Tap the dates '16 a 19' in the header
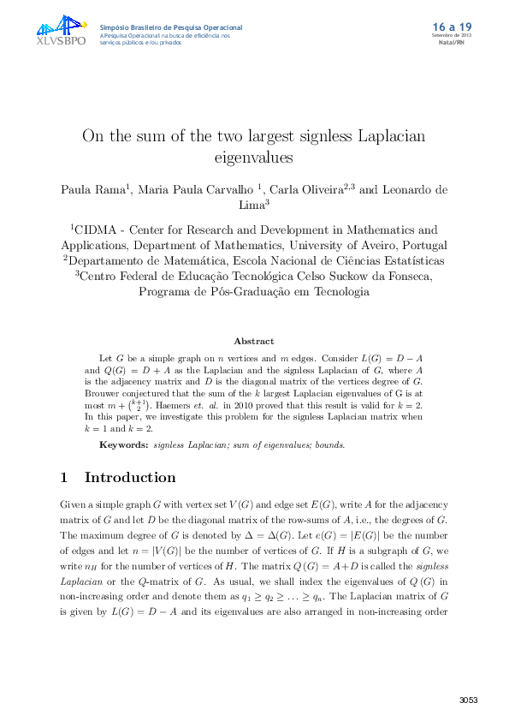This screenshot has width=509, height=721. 453,27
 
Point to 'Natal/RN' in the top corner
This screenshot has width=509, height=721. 452,41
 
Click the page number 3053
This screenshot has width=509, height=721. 468,700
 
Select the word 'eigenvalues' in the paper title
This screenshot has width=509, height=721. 253,158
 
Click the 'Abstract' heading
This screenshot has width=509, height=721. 254,341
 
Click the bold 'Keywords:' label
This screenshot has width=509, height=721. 125,445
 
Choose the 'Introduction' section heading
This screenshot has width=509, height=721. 129,478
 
